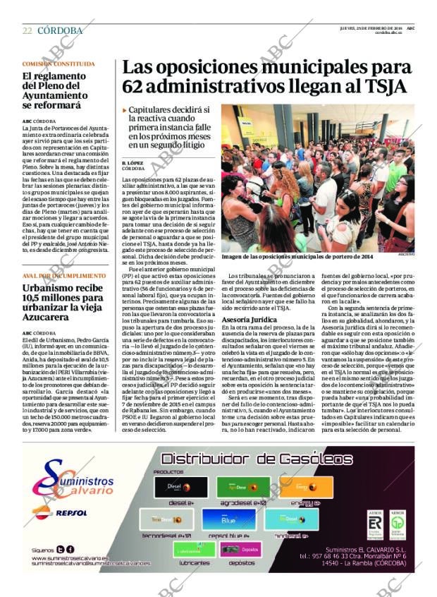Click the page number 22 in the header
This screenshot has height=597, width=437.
point(27,31)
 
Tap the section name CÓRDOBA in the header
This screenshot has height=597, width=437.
point(59,31)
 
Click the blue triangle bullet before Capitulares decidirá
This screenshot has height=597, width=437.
point(124,111)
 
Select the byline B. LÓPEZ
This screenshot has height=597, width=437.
point(132,163)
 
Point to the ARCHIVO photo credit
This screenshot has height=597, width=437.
point(407,253)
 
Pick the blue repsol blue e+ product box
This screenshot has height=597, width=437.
point(227,521)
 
